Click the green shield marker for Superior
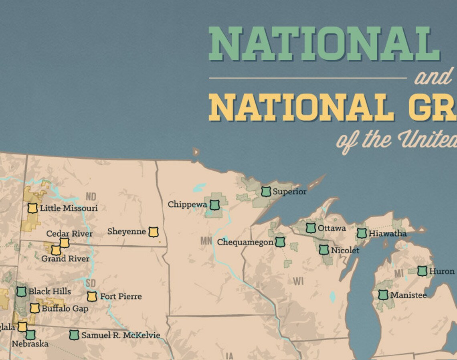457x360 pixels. coord(266,192)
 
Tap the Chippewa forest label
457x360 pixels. coord(187,204)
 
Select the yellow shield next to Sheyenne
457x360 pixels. coord(153,232)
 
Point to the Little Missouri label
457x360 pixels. coord(69,208)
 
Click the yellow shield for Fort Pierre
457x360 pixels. coord(92,296)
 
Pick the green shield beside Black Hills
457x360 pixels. coord(21,291)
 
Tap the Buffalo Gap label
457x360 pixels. coord(65,309)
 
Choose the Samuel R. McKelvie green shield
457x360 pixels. coord(74,335)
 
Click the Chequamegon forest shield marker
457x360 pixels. coord(280,242)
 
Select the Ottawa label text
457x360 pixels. coord(332,228)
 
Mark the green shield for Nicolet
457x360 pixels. coord(324,250)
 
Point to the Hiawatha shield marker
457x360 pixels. coord(362,233)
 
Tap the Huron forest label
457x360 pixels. coord(442,271)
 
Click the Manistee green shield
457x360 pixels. coord(383,295)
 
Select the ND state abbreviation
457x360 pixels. coord(91,197)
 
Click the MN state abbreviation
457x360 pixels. coord(206,241)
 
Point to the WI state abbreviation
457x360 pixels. coord(298,281)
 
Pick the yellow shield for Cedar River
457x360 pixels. coord(64,243)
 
